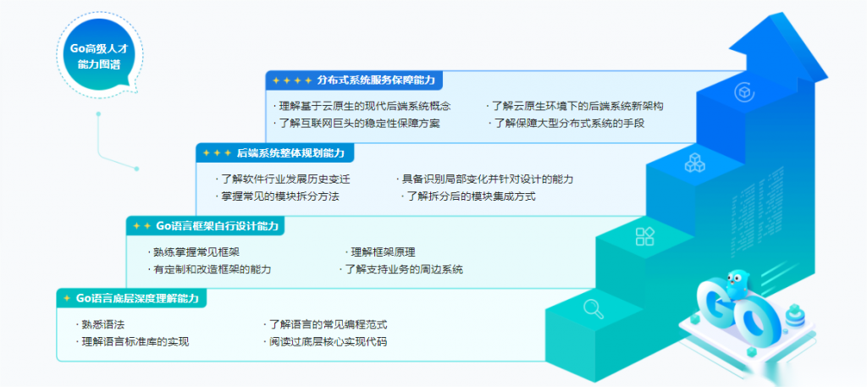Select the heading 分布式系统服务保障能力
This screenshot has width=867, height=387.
pyautogui.click(x=377, y=80)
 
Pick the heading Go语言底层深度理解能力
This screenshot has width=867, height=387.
pyautogui.click(x=138, y=299)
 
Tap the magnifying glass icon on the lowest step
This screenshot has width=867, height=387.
pyautogui.click(x=594, y=308)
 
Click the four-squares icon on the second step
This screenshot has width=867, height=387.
pyautogui.click(x=644, y=236)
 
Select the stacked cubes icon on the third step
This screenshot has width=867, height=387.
pyautogui.click(x=694, y=163)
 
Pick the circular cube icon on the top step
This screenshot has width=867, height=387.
pyautogui.click(x=744, y=91)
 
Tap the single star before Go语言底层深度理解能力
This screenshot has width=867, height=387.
pyautogui.click(x=67, y=299)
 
